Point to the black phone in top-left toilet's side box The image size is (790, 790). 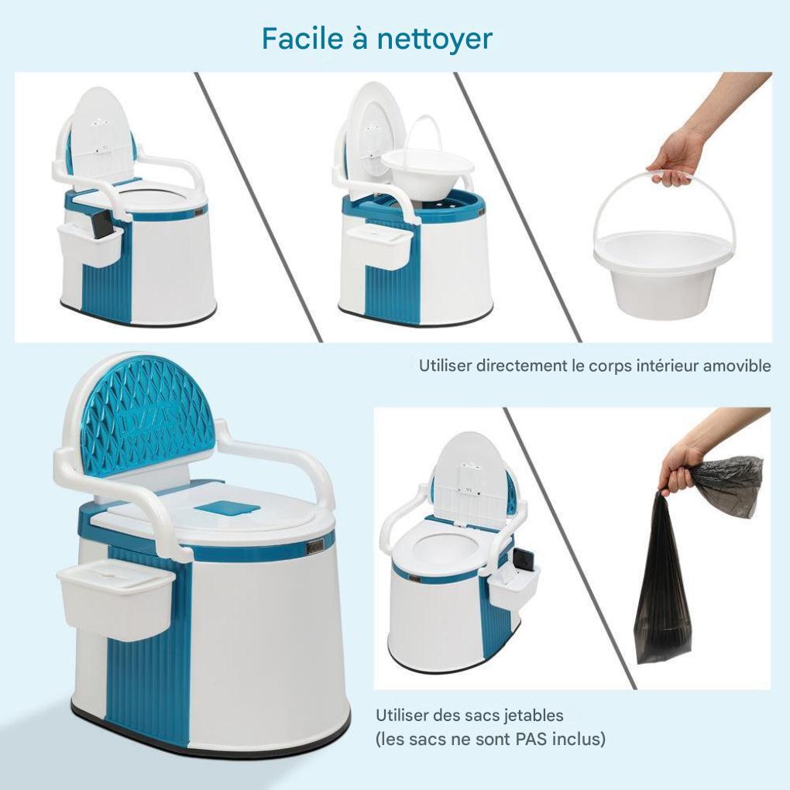(101, 225)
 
